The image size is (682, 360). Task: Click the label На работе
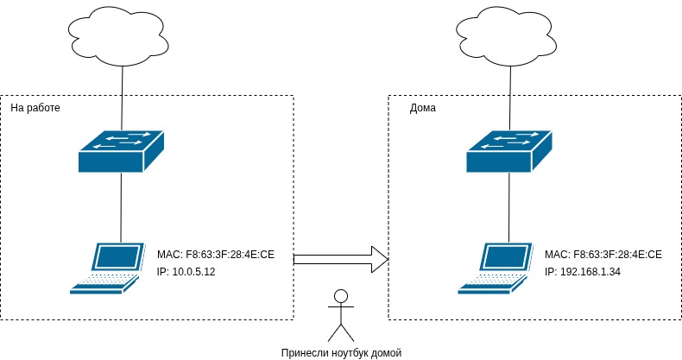point(35,109)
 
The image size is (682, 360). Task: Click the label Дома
point(422,109)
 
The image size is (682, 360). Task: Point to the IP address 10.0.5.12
point(186,272)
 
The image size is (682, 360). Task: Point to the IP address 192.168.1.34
point(583,272)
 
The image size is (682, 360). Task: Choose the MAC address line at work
point(215,255)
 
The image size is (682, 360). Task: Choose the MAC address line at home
point(603,255)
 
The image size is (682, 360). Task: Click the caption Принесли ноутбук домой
point(342,352)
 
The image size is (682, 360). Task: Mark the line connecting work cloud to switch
point(122,95)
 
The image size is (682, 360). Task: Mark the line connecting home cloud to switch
point(508,95)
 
